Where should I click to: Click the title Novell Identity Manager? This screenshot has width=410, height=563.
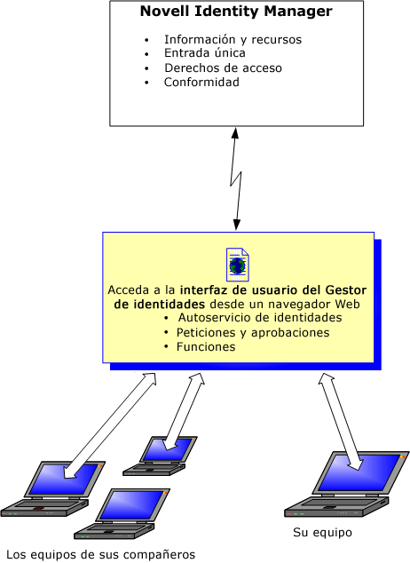236,12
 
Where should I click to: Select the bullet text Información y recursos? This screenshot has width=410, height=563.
233,39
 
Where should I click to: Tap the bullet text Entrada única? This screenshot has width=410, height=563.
205,53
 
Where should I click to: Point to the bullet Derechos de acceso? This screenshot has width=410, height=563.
223,67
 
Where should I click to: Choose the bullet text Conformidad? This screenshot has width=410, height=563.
201,83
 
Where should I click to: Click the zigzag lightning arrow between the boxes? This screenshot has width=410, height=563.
236,178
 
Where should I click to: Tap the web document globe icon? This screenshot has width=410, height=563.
238,265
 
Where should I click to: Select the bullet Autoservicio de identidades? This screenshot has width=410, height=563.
260,317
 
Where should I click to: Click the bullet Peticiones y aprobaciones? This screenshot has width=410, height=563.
253,332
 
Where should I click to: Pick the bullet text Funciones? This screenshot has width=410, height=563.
206,347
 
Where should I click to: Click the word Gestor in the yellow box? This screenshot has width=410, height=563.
346,289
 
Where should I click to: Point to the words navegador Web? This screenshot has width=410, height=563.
314,304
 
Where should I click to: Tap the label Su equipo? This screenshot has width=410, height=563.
322,532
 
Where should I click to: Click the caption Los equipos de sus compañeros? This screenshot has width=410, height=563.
101,554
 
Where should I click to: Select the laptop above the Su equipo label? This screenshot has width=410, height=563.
346,484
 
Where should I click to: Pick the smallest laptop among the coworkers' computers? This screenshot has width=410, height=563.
160,456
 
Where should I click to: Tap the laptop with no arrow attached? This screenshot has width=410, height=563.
122,513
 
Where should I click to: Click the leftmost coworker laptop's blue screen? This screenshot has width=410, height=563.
64,479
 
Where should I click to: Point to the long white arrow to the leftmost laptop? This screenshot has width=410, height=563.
110,426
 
